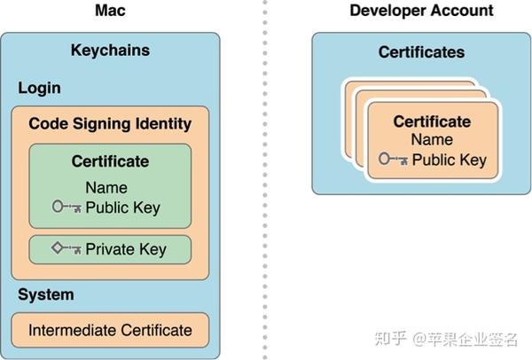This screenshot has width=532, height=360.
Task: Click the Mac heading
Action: [x=110, y=11]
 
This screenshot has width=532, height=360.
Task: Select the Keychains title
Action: [x=110, y=50]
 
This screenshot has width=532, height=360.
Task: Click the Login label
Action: [x=39, y=88]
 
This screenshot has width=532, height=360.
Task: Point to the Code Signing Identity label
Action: [x=110, y=123]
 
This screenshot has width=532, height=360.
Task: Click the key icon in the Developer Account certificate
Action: [x=393, y=160]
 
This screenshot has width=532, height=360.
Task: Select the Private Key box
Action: [x=110, y=249]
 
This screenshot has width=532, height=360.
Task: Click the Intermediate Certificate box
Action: [x=110, y=330]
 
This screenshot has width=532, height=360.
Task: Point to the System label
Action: [x=46, y=294]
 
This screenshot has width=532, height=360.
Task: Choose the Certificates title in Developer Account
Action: [x=421, y=52]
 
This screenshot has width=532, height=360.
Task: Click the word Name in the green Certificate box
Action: [x=106, y=188]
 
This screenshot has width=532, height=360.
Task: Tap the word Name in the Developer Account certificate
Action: [x=432, y=140]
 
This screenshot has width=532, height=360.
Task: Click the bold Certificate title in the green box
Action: [x=110, y=162]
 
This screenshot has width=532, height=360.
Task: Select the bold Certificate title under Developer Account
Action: [x=432, y=121]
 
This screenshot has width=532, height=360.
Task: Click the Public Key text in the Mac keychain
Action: [x=123, y=207]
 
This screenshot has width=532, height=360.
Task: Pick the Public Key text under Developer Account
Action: [x=449, y=160]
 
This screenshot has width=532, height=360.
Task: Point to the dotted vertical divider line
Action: [x=264, y=177]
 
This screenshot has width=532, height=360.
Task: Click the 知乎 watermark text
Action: [x=391, y=338]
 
